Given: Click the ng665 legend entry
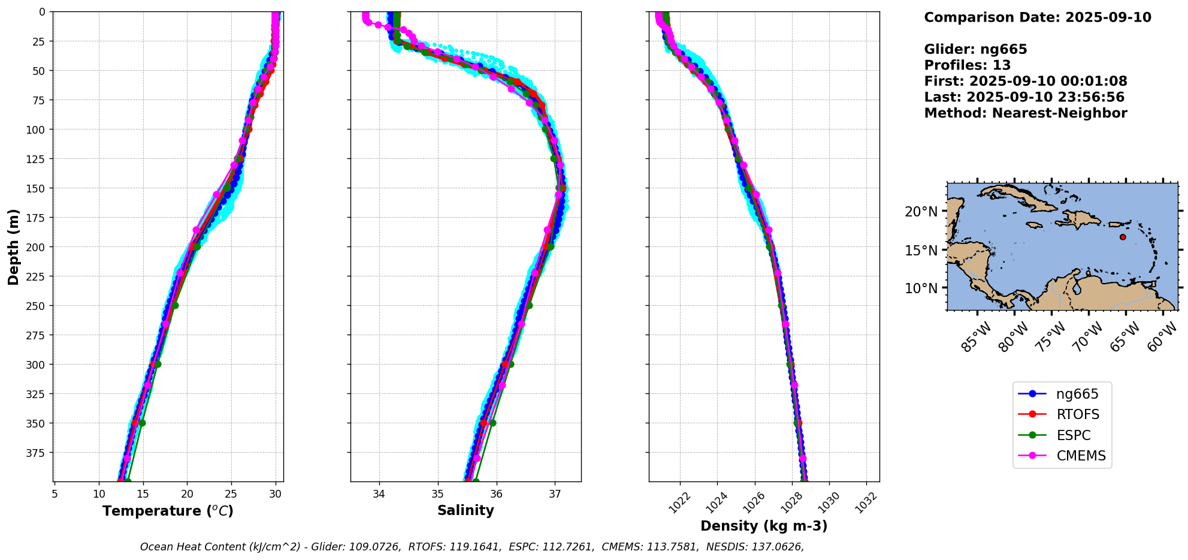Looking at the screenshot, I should pos(1077,395).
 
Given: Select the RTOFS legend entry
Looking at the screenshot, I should pos(1078,415).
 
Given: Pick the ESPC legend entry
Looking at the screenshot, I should pos(1073,436).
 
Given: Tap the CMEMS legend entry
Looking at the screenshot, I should pos(1081,456).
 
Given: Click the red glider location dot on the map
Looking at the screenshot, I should pos(1123,237).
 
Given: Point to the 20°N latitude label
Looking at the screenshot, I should pos(921,212).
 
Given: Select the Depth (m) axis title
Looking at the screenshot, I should pos(14,246).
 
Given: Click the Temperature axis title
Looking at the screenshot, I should pos(168,511).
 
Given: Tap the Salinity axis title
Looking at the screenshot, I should pos(465,511).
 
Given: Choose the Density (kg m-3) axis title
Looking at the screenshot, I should pos(764,526).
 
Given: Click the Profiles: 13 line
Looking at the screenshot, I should pos(967,65).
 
